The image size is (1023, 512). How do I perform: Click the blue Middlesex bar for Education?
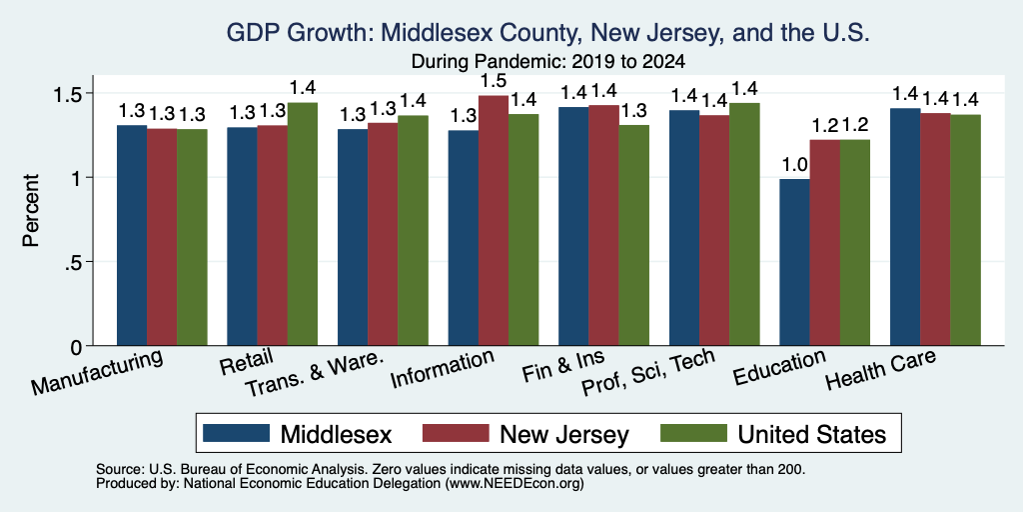(794, 262)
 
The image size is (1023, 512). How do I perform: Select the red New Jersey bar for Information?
(494, 221)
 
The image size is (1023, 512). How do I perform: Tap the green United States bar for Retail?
(303, 224)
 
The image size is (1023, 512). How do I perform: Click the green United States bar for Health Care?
(966, 230)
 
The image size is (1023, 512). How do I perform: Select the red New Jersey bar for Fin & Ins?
(603, 225)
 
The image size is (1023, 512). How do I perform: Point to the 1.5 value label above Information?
(494, 81)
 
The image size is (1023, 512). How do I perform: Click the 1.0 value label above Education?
(794, 165)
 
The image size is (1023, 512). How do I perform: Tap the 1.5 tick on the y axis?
(66, 93)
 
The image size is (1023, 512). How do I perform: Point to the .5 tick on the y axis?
(73, 262)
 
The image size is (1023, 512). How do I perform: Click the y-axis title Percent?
(31, 210)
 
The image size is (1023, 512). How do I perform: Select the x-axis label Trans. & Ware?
(314, 376)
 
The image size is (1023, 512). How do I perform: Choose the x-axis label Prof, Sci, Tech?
(647, 372)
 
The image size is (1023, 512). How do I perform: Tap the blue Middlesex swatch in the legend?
(236, 433)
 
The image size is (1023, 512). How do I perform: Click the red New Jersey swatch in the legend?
(456, 433)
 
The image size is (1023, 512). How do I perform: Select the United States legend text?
(811, 434)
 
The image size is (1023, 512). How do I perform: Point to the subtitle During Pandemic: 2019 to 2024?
(548, 62)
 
